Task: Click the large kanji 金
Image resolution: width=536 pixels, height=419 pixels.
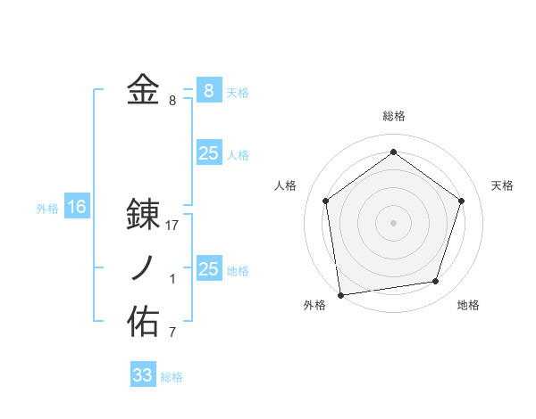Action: [143, 90]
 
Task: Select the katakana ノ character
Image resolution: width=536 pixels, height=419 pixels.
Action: [143, 268]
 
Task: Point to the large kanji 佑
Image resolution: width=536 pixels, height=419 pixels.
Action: [143, 322]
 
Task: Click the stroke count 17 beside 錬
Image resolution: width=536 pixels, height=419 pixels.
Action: [172, 226]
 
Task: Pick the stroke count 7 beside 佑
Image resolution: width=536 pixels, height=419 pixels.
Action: [172, 333]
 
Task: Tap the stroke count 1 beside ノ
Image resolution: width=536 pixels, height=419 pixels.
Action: [172, 280]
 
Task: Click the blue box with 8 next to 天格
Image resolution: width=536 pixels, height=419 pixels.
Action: [208, 90]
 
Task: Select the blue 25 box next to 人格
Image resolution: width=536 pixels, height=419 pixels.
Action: [208, 152]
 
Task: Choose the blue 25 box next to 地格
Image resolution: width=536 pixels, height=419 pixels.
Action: [208, 268]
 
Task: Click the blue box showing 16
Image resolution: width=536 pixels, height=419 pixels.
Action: [77, 207]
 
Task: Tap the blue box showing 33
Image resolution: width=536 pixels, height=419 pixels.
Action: [143, 374]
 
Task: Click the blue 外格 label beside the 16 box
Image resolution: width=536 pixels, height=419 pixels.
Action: [47, 209]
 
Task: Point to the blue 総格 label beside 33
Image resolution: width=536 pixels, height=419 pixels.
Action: [172, 377]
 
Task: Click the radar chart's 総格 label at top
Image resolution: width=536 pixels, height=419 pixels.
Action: [394, 116]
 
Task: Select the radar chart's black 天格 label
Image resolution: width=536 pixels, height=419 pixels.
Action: [503, 185]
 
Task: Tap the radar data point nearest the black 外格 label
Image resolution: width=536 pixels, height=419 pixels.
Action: [340, 293]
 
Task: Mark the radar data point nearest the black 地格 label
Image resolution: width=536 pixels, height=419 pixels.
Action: [436, 282]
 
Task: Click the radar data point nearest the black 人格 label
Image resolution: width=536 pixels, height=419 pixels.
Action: [326, 201]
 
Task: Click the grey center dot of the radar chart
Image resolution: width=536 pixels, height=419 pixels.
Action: [394, 222]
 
